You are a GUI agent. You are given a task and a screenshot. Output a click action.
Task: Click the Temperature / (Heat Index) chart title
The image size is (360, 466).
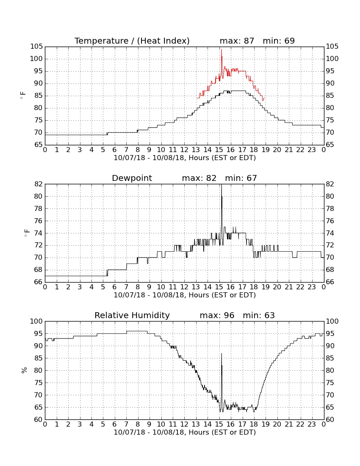[x=132, y=41]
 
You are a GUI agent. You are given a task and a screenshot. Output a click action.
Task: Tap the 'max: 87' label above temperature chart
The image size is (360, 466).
[x=237, y=41]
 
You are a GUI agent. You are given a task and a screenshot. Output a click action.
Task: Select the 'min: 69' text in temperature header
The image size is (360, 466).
[x=279, y=41]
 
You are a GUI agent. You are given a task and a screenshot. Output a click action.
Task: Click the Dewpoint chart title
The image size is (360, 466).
[x=132, y=178]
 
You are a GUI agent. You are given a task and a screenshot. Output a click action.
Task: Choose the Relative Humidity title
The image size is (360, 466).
[x=132, y=315]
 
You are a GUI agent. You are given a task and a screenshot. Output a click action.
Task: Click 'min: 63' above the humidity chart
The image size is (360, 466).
[x=259, y=315]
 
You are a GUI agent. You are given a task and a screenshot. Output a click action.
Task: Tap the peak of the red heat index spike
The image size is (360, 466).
[x=221, y=49]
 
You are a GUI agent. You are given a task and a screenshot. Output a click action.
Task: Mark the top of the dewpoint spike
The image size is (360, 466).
[x=221, y=185]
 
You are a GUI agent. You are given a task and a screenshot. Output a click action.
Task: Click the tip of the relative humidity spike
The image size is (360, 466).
[x=221, y=353]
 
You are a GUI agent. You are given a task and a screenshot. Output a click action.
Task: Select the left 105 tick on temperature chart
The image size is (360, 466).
[x=36, y=46]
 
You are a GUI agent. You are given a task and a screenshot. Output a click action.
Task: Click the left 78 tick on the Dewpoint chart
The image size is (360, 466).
[x=39, y=208]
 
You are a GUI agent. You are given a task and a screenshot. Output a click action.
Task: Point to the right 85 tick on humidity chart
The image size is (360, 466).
[x=330, y=358]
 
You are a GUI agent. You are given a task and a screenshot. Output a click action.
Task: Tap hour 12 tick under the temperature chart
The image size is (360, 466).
[x=184, y=150]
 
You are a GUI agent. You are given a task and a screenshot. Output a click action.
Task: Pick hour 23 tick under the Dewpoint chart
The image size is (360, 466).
[x=312, y=287]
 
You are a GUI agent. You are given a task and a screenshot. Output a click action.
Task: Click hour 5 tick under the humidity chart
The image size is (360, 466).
[x=103, y=424]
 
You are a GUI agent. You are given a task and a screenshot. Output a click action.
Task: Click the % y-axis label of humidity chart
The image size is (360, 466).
[x=24, y=370]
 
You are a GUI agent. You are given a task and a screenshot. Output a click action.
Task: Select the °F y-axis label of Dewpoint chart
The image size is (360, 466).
[x=26, y=233]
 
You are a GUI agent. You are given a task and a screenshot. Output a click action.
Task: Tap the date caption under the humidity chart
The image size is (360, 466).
[x=185, y=432]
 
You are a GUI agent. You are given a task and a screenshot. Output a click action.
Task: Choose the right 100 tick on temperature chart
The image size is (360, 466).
[x=332, y=59]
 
